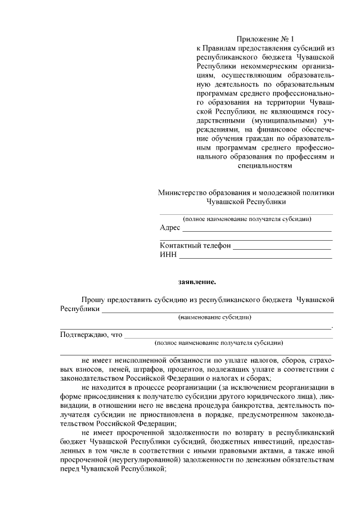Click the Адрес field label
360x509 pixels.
[x=170, y=228]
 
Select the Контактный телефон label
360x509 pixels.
[x=195, y=246]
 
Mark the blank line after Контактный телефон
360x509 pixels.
[x=282, y=249]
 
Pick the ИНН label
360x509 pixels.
[x=168, y=255]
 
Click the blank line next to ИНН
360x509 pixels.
[x=255, y=258]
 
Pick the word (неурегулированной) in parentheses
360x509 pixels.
[x=147, y=460]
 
